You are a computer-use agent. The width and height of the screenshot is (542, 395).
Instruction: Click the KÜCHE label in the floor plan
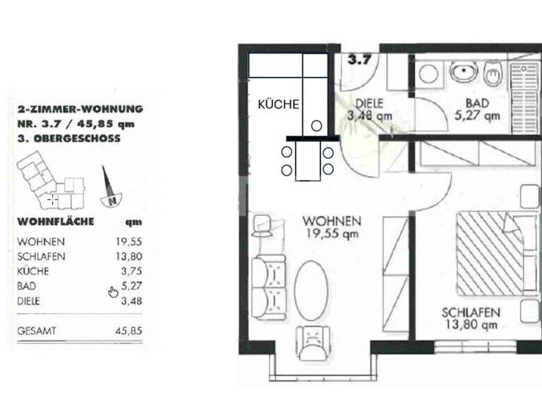pos(279,104)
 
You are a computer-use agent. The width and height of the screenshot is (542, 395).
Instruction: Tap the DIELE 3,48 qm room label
pos(369,109)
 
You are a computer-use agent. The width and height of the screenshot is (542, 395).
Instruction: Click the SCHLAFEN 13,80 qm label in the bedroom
pos(471,318)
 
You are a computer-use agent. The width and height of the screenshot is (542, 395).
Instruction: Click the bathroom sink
pos(462,71)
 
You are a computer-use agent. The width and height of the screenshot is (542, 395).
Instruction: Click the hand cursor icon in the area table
pos(113,292)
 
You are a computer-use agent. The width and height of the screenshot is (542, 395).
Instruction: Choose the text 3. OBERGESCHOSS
pos(68,139)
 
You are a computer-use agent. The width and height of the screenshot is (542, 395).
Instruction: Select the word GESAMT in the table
pos(37,330)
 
